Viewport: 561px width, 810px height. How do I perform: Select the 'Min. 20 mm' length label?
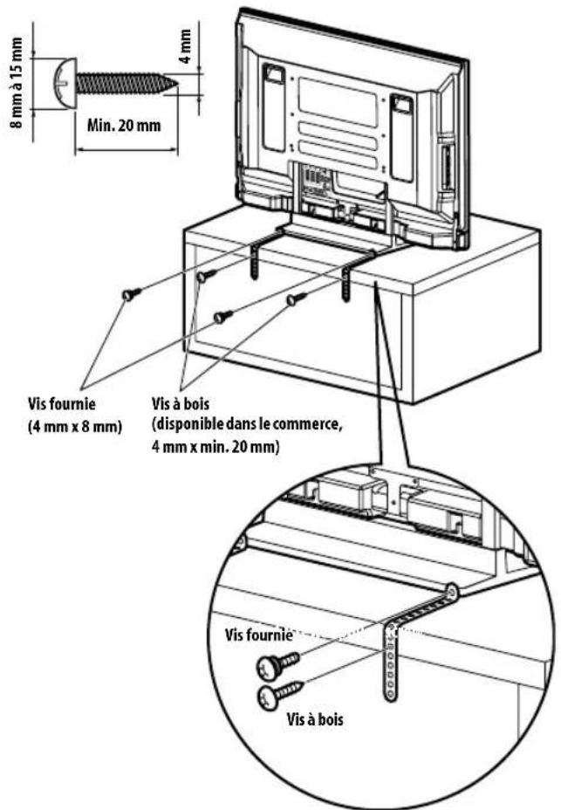click(x=123, y=124)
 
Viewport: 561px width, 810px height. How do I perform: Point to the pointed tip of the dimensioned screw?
click(x=177, y=85)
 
